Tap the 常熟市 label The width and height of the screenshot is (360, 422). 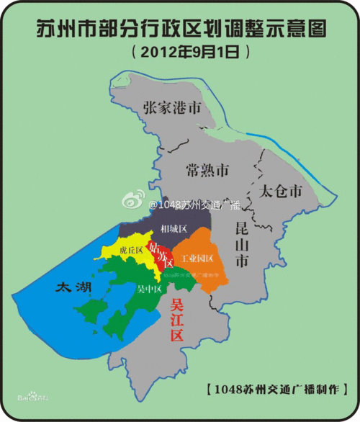[207, 171]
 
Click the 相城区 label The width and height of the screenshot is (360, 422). [174, 229]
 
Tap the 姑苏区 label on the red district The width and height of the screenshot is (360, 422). [159, 255]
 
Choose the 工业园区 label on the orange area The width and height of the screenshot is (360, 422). [197, 257]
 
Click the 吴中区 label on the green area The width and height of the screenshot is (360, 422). [148, 289]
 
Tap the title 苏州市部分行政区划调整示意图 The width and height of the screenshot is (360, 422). [181, 30]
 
